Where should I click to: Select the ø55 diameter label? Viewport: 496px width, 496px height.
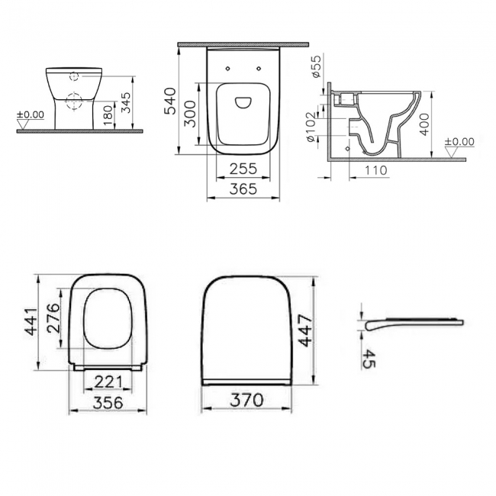click(317, 67)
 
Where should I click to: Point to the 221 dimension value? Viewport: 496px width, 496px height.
click(108, 382)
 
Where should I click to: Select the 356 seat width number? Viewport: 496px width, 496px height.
click(108, 402)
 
